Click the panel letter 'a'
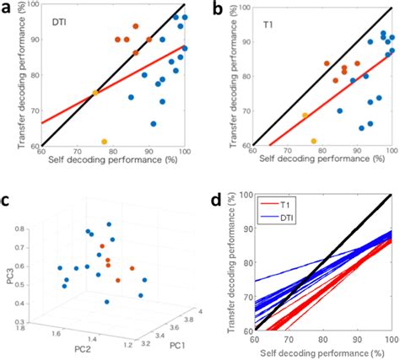(x=6, y=8)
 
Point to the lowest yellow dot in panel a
(x=105, y=142)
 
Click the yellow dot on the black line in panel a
(x=95, y=93)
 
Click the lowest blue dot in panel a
(x=154, y=124)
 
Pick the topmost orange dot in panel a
(x=136, y=27)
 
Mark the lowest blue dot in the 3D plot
(x=106, y=302)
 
